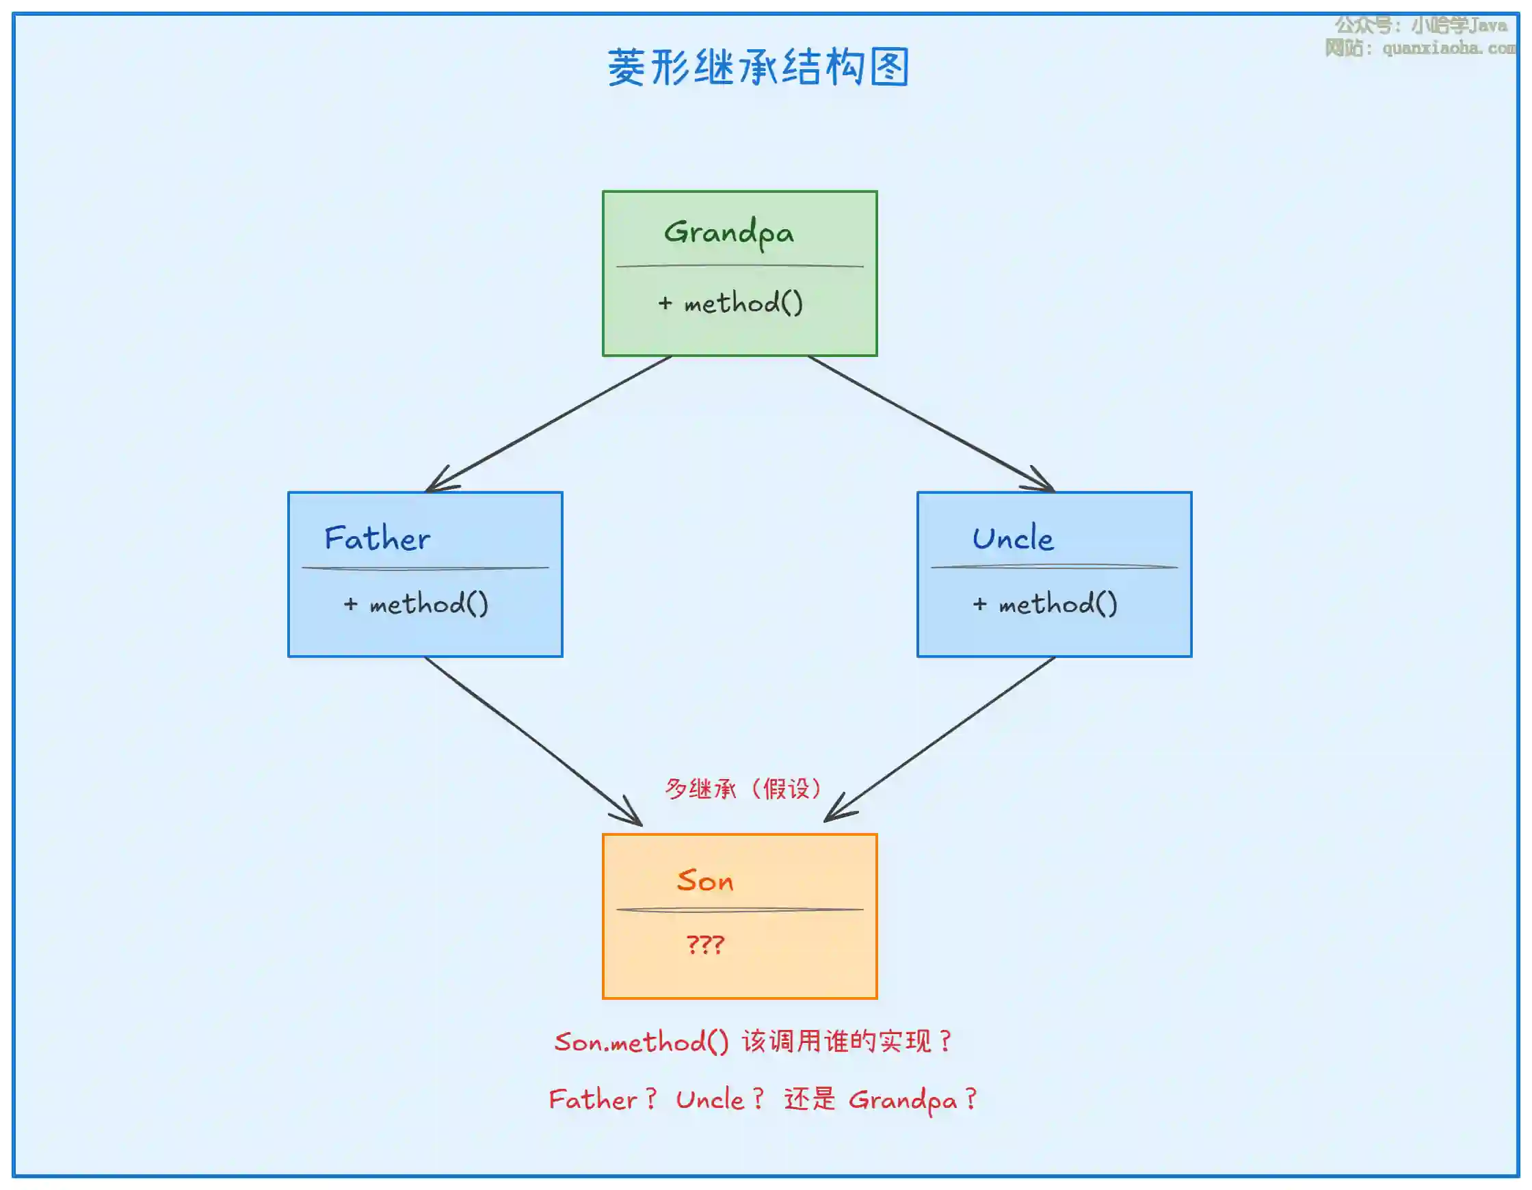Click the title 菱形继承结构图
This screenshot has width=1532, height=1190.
point(758,67)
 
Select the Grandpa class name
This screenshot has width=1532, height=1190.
point(729,233)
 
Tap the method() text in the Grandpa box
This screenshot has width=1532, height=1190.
point(742,303)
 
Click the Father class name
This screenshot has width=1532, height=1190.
point(377,539)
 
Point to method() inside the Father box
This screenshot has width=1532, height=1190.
point(428,604)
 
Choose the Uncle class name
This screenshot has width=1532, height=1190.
point(1012,539)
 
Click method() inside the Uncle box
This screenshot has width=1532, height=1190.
point(1057,604)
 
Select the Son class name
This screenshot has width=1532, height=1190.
point(705,881)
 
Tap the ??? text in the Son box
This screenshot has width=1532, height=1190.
point(705,944)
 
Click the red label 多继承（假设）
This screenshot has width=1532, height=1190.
point(743,789)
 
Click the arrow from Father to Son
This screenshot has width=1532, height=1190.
point(533,741)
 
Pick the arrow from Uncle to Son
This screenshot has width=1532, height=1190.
point(940,739)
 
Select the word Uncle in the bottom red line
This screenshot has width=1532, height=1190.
point(709,1100)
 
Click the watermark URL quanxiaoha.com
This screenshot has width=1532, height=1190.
point(1448,49)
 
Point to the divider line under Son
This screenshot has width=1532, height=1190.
point(739,910)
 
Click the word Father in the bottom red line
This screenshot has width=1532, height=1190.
point(593,1100)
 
